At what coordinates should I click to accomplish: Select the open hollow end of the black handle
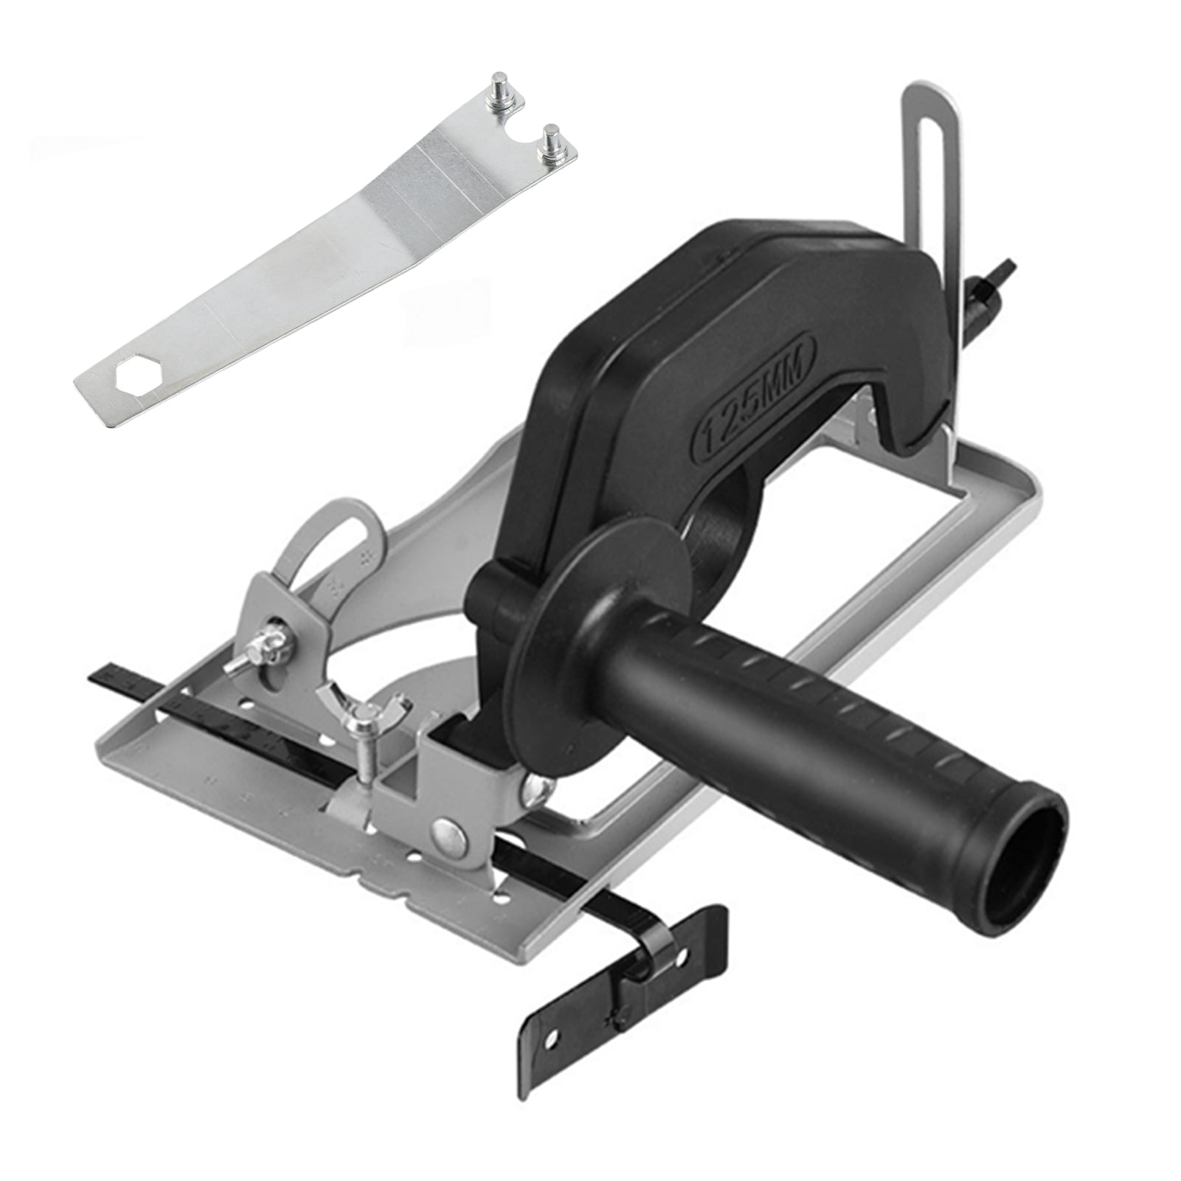[1031, 833]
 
